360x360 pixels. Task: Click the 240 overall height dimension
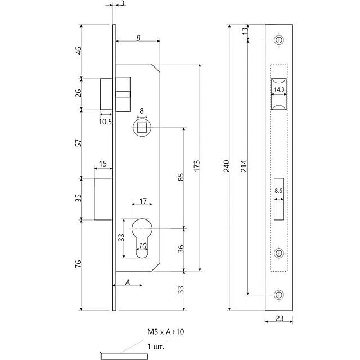226,166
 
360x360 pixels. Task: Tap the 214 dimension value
244,166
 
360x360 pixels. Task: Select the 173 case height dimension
197,165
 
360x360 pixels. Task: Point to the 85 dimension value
181,177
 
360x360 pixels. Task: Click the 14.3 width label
279,89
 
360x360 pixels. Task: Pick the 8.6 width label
278,191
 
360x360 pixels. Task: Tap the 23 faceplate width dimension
280,318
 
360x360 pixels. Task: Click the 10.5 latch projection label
105,121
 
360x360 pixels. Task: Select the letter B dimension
138,38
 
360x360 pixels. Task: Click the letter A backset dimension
128,282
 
